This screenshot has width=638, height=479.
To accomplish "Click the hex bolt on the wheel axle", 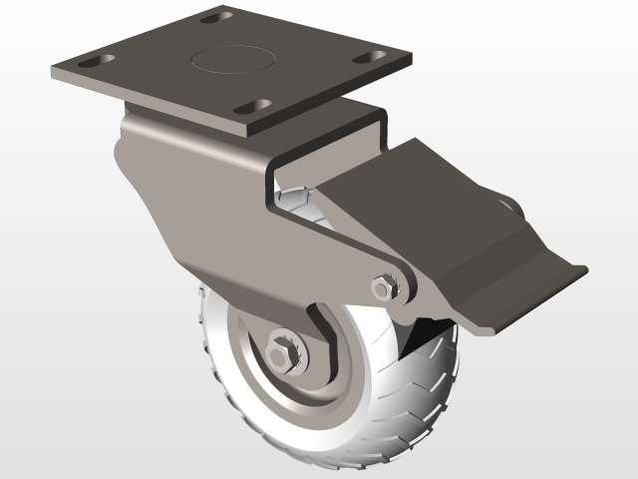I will pos(283,353).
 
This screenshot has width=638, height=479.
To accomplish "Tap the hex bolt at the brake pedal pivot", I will pos(382,287).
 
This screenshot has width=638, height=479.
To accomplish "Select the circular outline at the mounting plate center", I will pos(227,56).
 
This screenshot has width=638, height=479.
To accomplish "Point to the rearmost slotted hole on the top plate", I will pos(215,17).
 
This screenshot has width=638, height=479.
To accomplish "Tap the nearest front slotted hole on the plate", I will pos(256,106).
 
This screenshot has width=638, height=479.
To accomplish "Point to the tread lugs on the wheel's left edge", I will pos(203,319).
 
